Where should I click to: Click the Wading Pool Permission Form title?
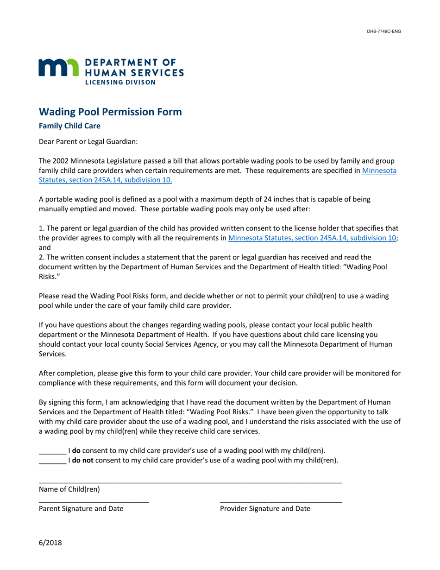(110, 112)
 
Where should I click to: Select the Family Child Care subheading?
(69, 126)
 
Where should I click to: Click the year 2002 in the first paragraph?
(61, 161)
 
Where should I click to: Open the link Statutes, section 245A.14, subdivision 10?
(105, 180)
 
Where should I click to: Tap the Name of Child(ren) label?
(69, 489)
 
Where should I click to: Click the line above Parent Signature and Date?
(94, 502)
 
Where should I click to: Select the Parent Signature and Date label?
(81, 509)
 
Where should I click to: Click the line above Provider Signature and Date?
(281, 502)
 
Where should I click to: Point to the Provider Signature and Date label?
(265, 509)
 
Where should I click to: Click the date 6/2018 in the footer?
(50, 543)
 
